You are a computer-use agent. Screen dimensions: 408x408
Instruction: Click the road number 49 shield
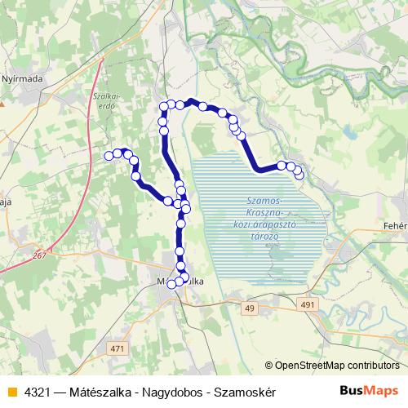coord(250,308)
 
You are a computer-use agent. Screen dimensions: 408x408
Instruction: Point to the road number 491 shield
coord(307,304)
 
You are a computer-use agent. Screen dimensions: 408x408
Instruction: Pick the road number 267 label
coord(41,256)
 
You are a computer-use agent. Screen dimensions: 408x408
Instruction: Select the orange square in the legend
coord(11,392)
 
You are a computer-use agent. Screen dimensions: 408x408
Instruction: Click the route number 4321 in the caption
coord(37,392)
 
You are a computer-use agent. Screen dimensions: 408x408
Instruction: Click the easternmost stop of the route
coord(299,174)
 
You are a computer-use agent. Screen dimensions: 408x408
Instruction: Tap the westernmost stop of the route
coord(109,156)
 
